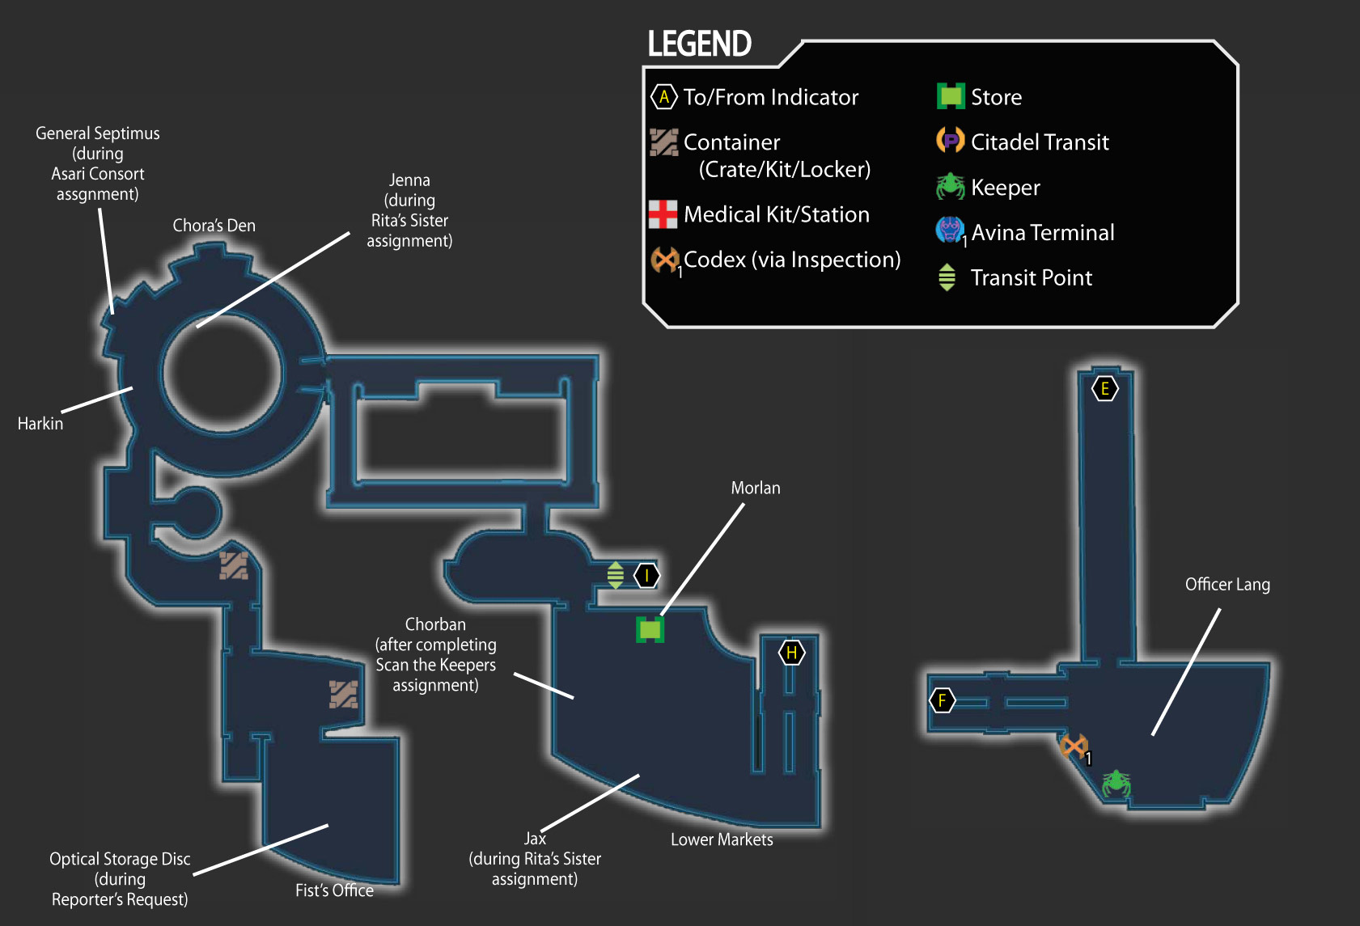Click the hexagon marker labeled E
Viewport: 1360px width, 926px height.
pyautogui.click(x=1104, y=389)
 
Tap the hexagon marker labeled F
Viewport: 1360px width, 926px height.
pyautogui.click(x=942, y=700)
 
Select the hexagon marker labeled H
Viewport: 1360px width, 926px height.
pyautogui.click(x=791, y=653)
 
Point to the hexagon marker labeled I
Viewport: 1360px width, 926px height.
pyautogui.click(x=646, y=575)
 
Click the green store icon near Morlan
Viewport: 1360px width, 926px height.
pyautogui.click(x=650, y=629)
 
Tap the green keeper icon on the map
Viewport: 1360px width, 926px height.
pyautogui.click(x=1116, y=784)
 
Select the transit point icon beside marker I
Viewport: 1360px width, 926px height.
pyautogui.click(x=615, y=575)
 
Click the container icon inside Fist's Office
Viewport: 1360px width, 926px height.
pyautogui.click(x=343, y=694)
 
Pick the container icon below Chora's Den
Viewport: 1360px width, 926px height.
pyautogui.click(x=233, y=565)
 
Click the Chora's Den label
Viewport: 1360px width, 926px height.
pyautogui.click(x=214, y=226)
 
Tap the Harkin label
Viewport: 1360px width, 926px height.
pyautogui.click(x=40, y=424)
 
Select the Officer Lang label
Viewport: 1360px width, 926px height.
pyautogui.click(x=1227, y=585)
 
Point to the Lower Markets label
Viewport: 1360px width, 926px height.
pyautogui.click(x=722, y=839)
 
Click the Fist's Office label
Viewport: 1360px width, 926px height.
pyautogui.click(x=334, y=890)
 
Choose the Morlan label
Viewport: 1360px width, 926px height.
pyautogui.click(x=756, y=488)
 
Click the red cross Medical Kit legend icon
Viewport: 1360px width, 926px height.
pyautogui.click(x=663, y=214)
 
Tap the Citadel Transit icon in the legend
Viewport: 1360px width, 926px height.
pyautogui.click(x=950, y=140)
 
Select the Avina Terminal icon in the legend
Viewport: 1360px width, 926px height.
pyautogui.click(x=950, y=230)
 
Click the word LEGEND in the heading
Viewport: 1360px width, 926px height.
pyautogui.click(x=700, y=44)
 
